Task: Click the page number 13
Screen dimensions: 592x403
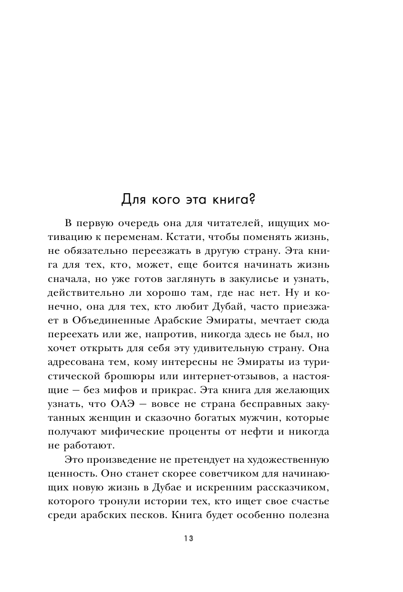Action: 188,539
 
